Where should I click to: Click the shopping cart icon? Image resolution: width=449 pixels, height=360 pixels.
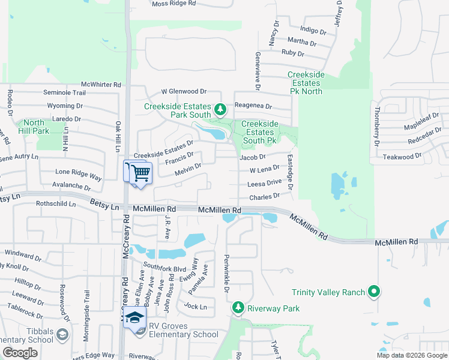[140, 173]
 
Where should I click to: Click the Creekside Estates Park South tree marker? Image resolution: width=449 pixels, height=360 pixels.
[220, 110]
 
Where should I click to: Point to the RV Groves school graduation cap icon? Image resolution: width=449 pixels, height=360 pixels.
[136, 317]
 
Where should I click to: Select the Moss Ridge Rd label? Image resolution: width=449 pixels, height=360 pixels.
[174, 4]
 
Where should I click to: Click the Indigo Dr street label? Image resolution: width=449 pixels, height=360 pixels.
[313, 31]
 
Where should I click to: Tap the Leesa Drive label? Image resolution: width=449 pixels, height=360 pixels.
[264, 182]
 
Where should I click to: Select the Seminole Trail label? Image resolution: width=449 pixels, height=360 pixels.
[64, 92]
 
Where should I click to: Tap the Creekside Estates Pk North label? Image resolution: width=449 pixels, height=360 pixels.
[306, 83]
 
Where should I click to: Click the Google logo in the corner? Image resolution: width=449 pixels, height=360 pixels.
[20, 353]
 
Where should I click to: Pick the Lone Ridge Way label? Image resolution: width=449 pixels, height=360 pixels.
[79, 172]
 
